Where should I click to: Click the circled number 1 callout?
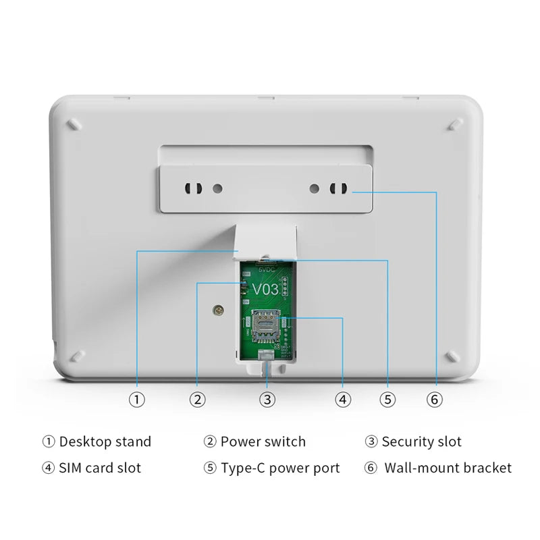137,399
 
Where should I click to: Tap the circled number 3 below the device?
268,399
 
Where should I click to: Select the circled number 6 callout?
435,399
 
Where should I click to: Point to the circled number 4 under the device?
344,399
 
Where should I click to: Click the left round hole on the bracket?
217,187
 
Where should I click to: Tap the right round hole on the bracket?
314,187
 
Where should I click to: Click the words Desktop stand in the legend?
105,442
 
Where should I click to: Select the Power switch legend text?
263,442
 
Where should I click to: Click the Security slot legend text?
422,442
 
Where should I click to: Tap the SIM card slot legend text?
100,468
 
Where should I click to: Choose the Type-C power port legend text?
280,468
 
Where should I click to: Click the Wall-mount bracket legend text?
448,468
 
